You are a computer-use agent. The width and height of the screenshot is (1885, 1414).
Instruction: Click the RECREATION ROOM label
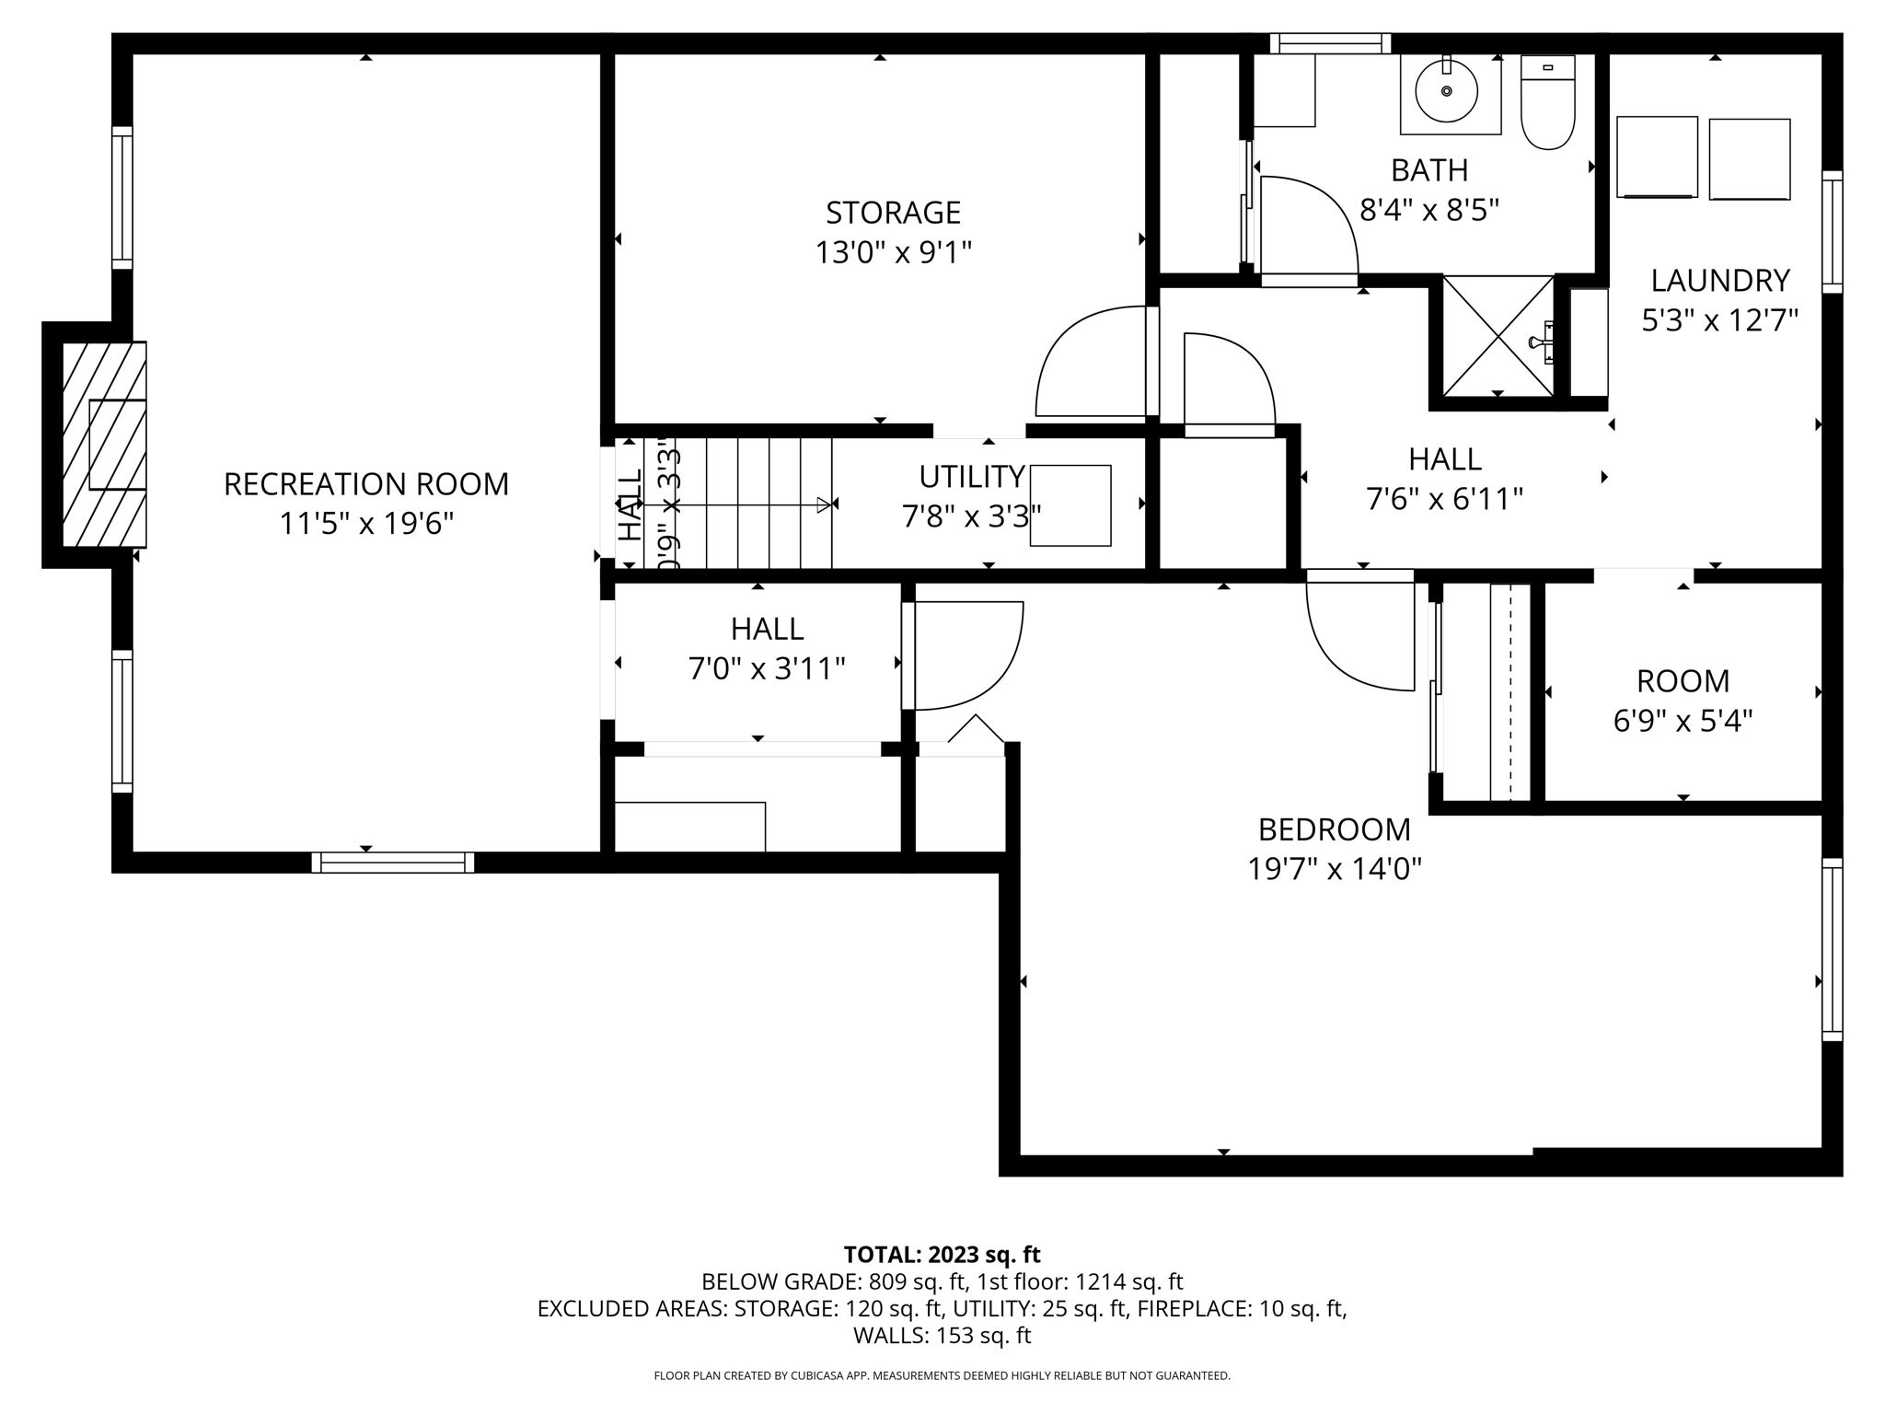pyautogui.click(x=365, y=484)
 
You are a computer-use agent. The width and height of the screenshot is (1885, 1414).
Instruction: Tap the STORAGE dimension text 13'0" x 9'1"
pyautogui.click(x=893, y=252)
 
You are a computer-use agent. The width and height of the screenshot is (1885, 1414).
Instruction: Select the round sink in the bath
pyautogui.click(x=1446, y=91)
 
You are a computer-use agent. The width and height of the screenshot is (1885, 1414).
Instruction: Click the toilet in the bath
pyautogui.click(x=1547, y=103)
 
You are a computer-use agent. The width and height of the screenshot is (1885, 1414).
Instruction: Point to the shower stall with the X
pyautogui.click(x=1498, y=336)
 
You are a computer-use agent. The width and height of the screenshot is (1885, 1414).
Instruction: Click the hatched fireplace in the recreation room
pyautogui.click(x=104, y=445)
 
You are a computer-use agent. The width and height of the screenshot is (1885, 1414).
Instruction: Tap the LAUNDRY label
pyautogui.click(x=1719, y=280)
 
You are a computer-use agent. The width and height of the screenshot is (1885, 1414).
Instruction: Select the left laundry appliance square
pyautogui.click(x=1656, y=156)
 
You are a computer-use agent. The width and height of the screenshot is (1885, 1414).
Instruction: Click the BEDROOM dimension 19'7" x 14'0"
pyautogui.click(x=1334, y=869)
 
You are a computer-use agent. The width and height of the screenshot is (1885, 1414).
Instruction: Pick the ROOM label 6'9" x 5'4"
pyautogui.click(x=1683, y=681)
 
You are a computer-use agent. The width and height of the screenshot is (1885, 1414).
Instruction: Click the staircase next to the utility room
pyautogui.click(x=755, y=504)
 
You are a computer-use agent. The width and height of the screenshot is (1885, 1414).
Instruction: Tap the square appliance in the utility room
pyautogui.click(x=1070, y=505)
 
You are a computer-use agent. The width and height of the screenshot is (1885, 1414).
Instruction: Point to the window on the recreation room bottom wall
pyautogui.click(x=393, y=863)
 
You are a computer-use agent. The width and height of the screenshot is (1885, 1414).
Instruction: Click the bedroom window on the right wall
pyautogui.click(x=1832, y=949)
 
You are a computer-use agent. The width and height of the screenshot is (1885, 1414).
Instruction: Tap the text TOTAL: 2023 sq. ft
pyautogui.click(x=942, y=1255)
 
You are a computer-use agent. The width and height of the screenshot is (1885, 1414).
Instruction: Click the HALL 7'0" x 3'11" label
pyautogui.click(x=767, y=629)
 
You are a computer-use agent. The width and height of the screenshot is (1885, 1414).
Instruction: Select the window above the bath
pyautogui.click(x=1330, y=43)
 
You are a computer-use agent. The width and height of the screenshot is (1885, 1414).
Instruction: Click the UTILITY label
pyautogui.click(x=971, y=477)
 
